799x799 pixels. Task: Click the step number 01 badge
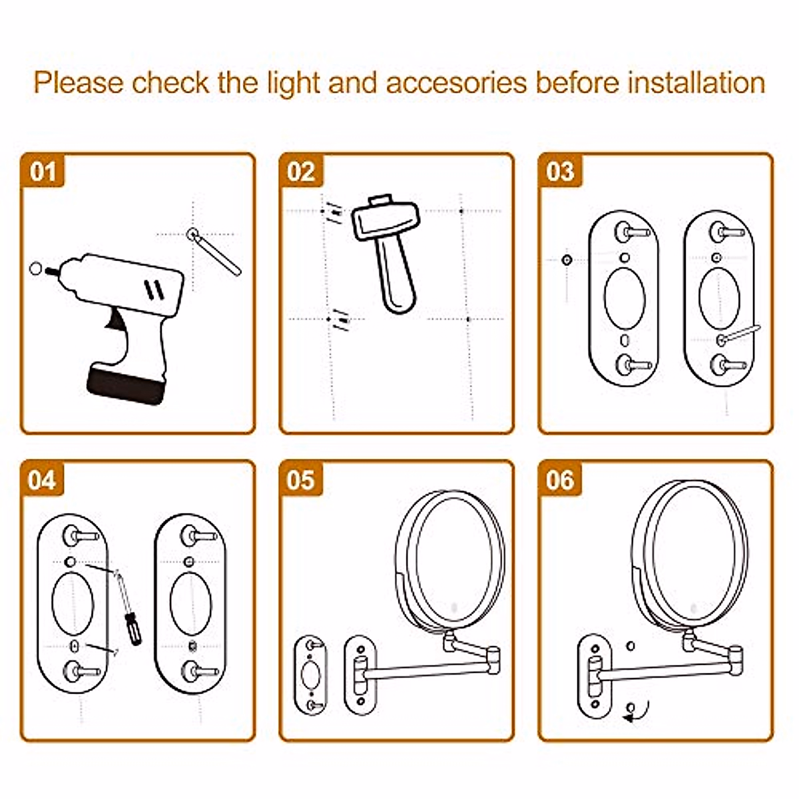coord(43,172)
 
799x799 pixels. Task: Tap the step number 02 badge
coord(301,172)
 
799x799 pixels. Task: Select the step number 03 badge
coord(560,172)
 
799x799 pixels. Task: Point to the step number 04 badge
coord(43,479)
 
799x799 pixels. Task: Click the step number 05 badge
coord(301,479)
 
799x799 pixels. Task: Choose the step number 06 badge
coord(560,479)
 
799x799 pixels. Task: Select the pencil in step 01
coord(216,253)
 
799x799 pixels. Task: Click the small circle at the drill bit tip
coord(36,268)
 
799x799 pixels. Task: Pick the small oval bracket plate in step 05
coord(310,674)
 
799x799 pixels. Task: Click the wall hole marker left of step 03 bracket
coord(567,259)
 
